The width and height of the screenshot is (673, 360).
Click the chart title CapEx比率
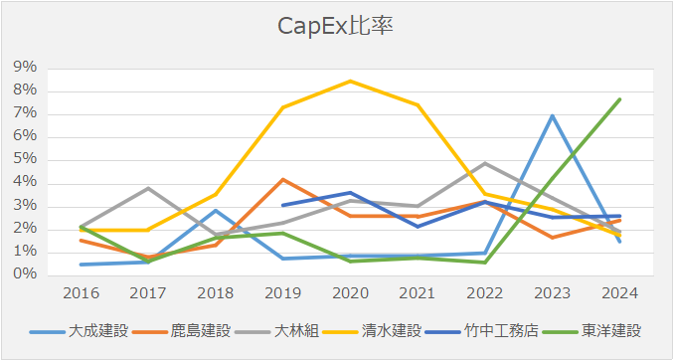coord(336,25)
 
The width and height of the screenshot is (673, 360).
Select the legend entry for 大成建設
coord(97,330)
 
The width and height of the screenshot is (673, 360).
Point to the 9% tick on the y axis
coord(26,68)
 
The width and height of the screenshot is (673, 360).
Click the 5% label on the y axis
coord(26,159)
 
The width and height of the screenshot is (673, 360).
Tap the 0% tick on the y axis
coord(26,274)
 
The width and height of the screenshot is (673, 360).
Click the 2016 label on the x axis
coord(81,293)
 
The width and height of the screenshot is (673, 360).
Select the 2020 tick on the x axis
coord(350,293)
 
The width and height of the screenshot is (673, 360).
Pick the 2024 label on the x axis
coord(618,293)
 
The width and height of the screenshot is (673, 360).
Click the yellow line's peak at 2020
coord(350,81)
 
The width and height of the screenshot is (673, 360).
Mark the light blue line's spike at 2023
coord(552,115)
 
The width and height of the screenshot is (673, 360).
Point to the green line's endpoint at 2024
coord(619,98)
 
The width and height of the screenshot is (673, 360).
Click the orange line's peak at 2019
coord(283,179)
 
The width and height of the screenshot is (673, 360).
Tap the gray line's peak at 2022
coord(485,163)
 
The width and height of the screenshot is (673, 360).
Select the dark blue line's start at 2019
coord(283,205)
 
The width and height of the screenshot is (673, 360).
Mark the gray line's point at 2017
coord(148,188)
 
